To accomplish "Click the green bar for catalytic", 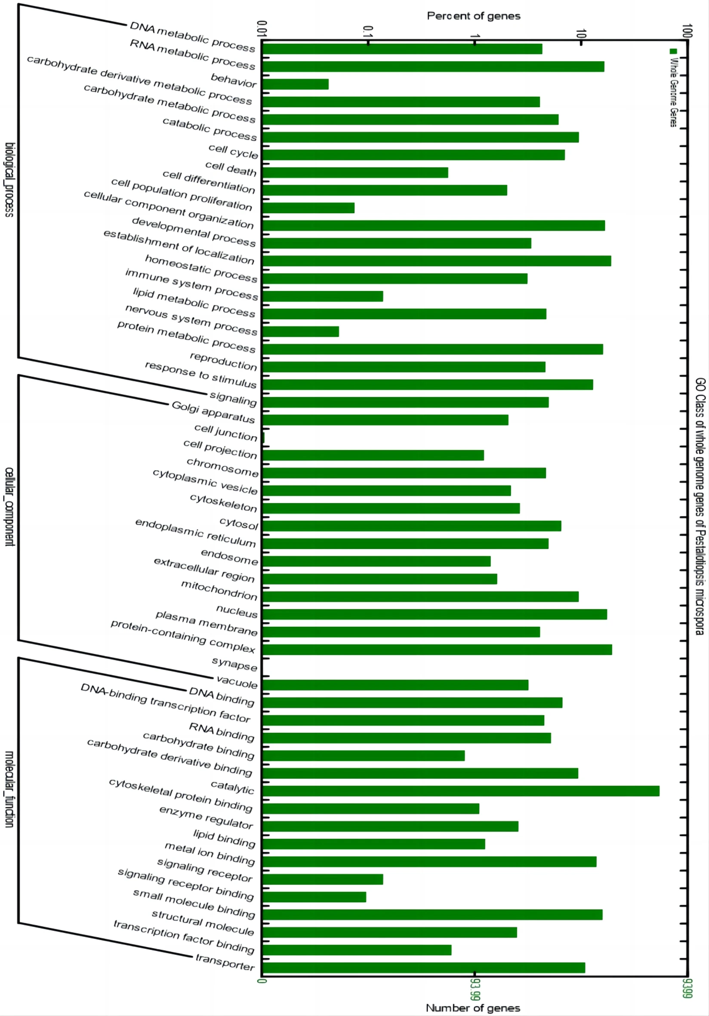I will pyautogui.click(x=460, y=791).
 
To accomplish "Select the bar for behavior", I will pyautogui.click(x=295, y=84).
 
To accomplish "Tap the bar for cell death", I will pyautogui.click(x=355, y=172).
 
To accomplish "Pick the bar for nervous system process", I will pyautogui.click(x=300, y=332).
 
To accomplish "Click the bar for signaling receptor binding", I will pyautogui.click(x=314, y=897).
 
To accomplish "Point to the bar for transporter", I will pyautogui.click(x=423, y=968).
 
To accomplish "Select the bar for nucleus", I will pyautogui.click(x=435, y=614).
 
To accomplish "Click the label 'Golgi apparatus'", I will pyautogui.click(x=213, y=412).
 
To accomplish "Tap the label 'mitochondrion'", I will pyautogui.click(x=219, y=591).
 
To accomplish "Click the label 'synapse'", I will pyautogui.click(x=234, y=664).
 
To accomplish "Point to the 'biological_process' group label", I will pyautogui.click(x=9, y=179).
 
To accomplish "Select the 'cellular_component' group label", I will pyautogui.click(x=9, y=507).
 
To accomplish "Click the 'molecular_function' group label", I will pyautogui.click(x=9, y=788).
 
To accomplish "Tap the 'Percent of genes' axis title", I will pyautogui.click(x=473, y=16).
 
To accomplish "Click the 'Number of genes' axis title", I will pyautogui.click(x=473, y=1008).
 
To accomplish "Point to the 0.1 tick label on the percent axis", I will pyautogui.click(x=367, y=32).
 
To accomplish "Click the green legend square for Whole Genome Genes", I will pyautogui.click(x=673, y=51).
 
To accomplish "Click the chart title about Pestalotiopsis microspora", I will pyautogui.click(x=699, y=507).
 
